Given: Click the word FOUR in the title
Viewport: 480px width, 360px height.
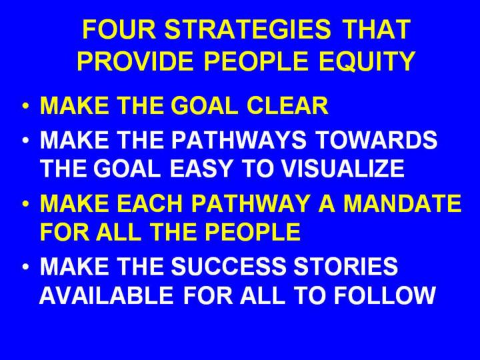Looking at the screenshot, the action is [x=119, y=29].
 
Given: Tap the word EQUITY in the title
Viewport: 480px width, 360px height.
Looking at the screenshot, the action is [x=367, y=61].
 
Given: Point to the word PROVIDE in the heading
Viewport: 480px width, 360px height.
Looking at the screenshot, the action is [x=135, y=61].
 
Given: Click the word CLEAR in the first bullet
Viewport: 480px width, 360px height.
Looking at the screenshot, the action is [x=287, y=105].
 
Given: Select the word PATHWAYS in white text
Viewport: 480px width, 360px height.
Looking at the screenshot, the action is [x=239, y=139].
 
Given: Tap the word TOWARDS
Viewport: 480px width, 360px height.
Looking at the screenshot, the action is [x=376, y=139].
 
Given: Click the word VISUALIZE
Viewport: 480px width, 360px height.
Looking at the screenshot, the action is [x=343, y=169].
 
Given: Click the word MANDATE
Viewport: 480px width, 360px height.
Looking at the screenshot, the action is [x=402, y=203].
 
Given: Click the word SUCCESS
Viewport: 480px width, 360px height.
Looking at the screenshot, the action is [x=228, y=266].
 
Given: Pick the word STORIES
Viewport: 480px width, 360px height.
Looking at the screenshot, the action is [x=346, y=266].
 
